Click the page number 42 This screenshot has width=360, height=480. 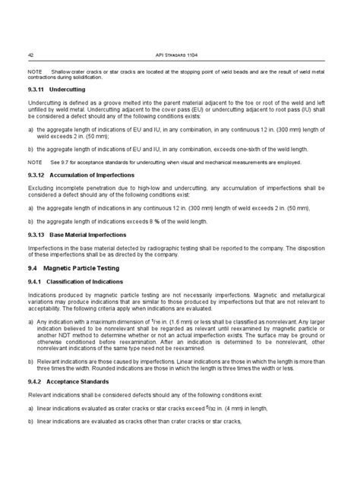coord(30,54)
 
